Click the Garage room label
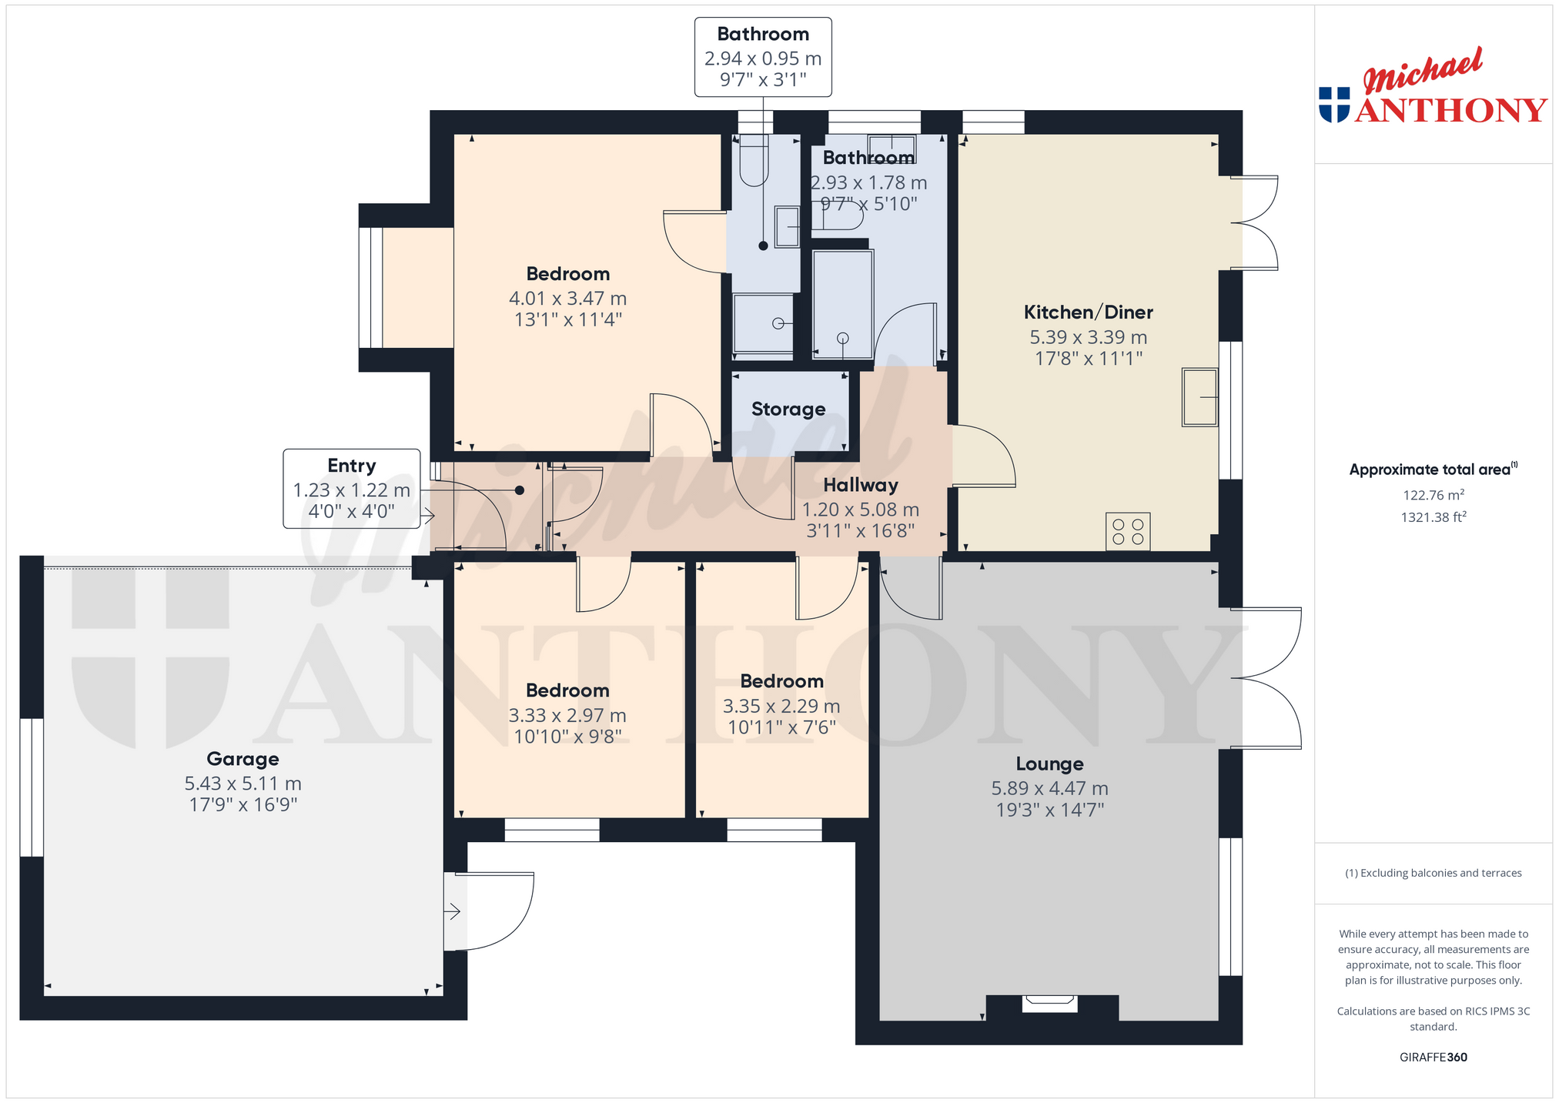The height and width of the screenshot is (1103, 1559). tap(243, 759)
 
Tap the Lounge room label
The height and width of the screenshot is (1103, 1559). tap(1049, 764)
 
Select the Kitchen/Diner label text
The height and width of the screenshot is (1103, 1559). tap(1088, 312)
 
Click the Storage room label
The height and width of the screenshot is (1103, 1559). tap(788, 409)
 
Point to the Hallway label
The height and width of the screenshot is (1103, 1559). tap(861, 485)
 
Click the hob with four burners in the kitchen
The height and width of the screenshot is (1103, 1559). tap(1128, 531)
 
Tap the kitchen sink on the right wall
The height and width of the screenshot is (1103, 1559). tap(1199, 397)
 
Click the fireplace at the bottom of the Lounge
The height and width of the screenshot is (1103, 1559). tap(1050, 1004)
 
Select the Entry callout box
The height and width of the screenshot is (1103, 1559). tap(352, 489)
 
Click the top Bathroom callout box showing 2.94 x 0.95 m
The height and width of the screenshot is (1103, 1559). tap(763, 57)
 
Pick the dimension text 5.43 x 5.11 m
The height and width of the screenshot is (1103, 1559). tap(243, 784)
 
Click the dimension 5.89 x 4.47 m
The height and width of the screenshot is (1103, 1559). tap(1049, 788)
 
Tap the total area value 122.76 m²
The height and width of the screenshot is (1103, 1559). tap(1434, 495)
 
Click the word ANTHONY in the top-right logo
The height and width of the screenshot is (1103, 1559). tap(1451, 110)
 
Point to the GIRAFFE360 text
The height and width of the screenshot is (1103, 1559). tap(1434, 1057)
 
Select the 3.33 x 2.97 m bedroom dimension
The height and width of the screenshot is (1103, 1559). tap(567, 715)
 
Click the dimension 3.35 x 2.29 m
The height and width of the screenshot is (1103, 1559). tap(781, 706)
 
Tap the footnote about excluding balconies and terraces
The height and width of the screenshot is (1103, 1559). tap(1434, 873)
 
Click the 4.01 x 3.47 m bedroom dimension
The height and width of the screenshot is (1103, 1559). tap(567, 298)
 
